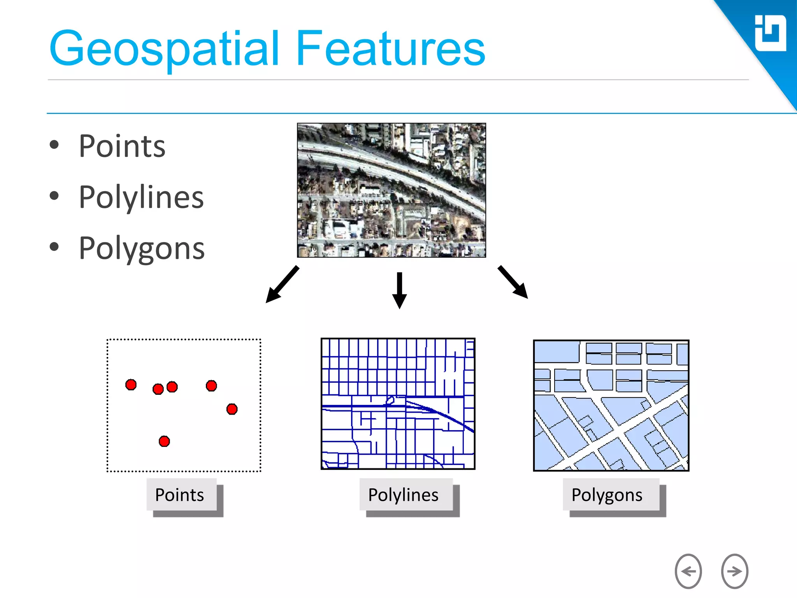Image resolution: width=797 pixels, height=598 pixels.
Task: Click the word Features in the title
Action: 390,49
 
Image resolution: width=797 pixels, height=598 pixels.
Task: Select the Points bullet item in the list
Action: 122,146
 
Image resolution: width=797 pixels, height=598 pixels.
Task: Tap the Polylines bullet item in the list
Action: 141,197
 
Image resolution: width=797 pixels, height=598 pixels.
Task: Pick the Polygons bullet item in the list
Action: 141,248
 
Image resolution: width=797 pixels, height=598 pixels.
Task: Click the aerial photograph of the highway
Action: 391,190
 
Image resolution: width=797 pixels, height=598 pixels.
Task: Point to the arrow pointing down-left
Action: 282,285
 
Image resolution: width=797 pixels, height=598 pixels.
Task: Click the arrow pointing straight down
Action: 399,290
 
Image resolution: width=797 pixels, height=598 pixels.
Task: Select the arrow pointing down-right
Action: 513,282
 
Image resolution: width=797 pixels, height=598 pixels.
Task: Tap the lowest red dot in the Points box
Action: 164,441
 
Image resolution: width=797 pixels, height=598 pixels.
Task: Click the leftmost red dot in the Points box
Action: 131,385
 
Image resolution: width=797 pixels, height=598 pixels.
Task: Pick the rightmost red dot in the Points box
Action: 232,409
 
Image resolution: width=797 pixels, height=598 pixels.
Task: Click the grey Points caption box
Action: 181,494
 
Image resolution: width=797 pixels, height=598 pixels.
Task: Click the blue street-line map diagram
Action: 398,404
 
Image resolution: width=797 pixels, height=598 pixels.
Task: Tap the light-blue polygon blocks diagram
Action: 611,405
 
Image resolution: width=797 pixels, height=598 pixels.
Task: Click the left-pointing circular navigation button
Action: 688,571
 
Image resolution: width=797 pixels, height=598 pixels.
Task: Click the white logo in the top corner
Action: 770,33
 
